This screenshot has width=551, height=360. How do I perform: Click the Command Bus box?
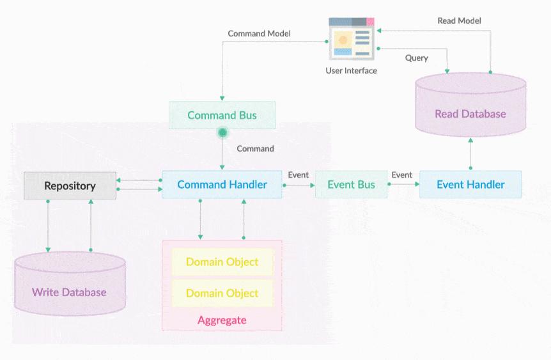(x=222, y=115)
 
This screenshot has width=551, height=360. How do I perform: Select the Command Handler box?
(x=222, y=185)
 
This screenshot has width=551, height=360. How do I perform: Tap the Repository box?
(x=70, y=186)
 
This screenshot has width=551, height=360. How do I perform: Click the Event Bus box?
(x=351, y=185)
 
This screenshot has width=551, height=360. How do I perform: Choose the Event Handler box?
(x=470, y=185)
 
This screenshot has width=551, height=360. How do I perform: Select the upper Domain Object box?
(x=222, y=262)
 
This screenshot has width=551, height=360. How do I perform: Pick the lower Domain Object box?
(x=222, y=293)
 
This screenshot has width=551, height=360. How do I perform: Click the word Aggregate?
(x=222, y=320)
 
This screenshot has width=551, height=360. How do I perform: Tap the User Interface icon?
(x=351, y=38)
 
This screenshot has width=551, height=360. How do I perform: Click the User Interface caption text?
(x=351, y=70)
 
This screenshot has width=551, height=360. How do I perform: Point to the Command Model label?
(x=260, y=33)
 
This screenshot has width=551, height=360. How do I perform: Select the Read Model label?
(x=459, y=20)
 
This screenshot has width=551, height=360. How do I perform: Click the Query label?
(x=416, y=58)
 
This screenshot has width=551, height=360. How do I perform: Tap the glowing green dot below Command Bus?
(x=222, y=133)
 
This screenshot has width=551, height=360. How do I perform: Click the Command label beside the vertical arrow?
(x=255, y=148)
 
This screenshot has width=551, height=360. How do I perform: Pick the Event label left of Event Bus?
(x=298, y=175)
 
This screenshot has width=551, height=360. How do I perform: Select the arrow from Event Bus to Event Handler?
(x=403, y=185)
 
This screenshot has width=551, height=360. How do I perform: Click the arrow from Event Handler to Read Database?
(x=470, y=153)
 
